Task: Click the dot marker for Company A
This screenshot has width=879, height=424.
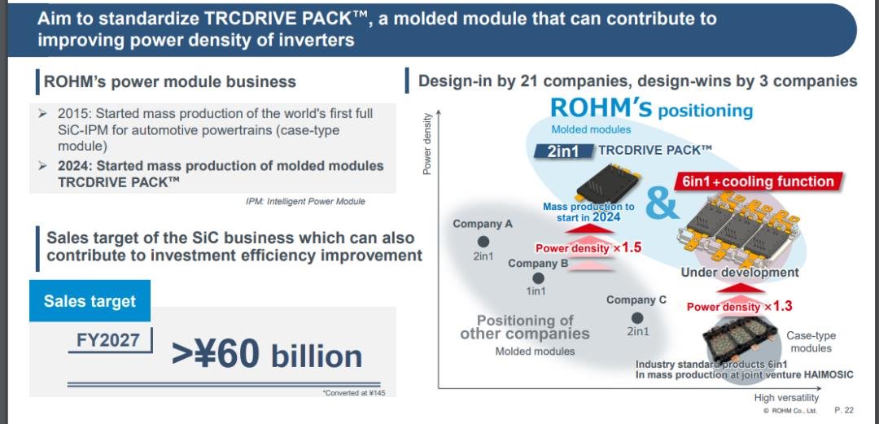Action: pos(483,242)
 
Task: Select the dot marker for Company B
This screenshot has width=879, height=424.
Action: pos(538,278)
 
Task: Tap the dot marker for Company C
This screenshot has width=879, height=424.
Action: pos(636,318)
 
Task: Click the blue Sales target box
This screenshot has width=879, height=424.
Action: pos(90,301)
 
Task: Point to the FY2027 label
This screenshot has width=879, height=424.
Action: pos(108,340)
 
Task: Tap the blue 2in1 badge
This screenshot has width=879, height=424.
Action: pos(563,151)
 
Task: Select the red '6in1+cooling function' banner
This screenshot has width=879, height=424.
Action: pos(758,181)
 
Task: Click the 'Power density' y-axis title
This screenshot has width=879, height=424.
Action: pos(427,143)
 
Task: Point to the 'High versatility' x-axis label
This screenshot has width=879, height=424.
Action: pos(786,398)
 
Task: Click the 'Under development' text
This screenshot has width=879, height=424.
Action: pos(739,273)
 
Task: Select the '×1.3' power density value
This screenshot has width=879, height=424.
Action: pos(776,306)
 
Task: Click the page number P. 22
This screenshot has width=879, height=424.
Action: pos(844,410)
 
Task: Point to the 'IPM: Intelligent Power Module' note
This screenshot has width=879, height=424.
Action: pos(305,201)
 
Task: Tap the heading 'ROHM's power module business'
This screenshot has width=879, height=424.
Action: pos(170,82)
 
